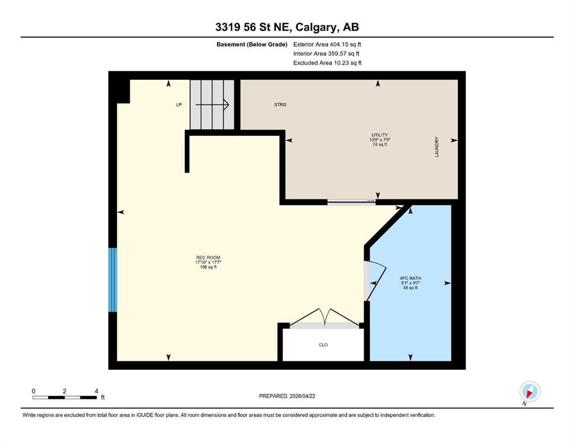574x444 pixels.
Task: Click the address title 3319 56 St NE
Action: (287, 27)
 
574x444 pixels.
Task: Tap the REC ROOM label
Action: (208, 258)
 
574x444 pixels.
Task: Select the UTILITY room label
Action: (379, 135)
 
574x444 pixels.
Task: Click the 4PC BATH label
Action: (410, 279)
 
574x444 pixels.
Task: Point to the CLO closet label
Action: (323, 345)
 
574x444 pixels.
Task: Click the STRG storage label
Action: (280, 105)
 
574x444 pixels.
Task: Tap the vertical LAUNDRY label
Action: (438, 147)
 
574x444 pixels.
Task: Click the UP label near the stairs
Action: (179, 105)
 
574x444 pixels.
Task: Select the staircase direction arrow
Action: (213, 105)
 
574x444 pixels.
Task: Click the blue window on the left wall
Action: (113, 280)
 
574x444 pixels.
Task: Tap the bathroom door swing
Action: (373, 280)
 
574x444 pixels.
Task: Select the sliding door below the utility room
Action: (351, 202)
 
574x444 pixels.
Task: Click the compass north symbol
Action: (529, 391)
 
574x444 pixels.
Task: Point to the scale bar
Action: (65, 397)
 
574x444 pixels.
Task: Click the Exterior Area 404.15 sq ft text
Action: (328, 44)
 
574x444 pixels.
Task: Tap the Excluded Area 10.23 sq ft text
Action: (327, 63)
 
